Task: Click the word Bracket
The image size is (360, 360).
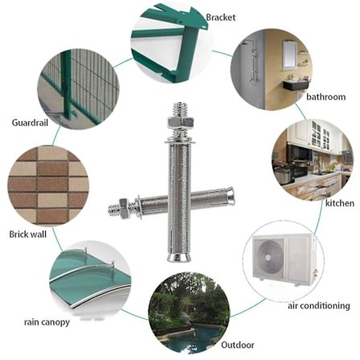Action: point(221,18)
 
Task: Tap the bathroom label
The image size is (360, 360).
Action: point(325,96)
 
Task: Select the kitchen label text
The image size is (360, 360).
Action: point(340,203)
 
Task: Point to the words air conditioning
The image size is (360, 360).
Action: point(319,305)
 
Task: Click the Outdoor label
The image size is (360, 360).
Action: point(238,345)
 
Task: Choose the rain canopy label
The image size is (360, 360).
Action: point(47,322)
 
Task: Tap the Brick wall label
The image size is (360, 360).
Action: point(28,235)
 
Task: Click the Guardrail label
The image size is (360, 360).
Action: point(30,123)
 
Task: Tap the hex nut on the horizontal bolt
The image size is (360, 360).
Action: point(124,206)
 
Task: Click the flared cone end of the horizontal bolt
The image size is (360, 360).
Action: point(230,195)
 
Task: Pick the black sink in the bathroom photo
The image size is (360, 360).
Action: point(297,85)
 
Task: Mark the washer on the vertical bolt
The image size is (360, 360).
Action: point(180,141)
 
